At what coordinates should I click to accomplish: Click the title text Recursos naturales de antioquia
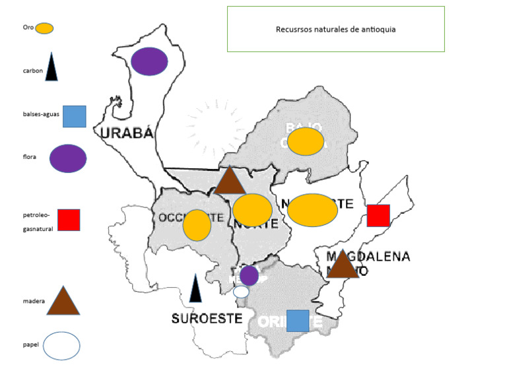335,30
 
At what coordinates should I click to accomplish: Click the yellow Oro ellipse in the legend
44,28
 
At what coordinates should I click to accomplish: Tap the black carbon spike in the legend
51,68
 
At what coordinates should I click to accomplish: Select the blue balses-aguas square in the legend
74,116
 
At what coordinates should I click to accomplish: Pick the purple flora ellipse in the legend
68,158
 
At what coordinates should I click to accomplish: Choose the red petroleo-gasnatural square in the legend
69,220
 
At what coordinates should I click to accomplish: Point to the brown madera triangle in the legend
63,302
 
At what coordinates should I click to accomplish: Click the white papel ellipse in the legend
61,346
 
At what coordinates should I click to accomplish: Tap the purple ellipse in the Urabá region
149,61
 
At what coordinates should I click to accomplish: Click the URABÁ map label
127,133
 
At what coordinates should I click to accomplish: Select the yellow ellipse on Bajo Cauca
305,141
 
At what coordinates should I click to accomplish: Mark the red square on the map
378,216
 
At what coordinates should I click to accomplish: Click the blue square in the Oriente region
298,320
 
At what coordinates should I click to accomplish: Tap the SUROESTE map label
207,318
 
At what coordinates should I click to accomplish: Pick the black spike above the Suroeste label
195,289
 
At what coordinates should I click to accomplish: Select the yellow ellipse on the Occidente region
197,225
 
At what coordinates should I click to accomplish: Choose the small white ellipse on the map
241,291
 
